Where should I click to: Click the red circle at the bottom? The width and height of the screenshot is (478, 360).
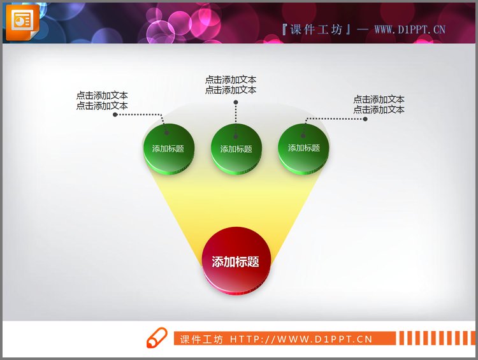pyautogui.click(x=236, y=261)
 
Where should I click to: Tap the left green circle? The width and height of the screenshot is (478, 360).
pyautogui.click(x=168, y=148)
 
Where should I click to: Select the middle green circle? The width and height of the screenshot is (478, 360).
pyautogui.click(x=236, y=148)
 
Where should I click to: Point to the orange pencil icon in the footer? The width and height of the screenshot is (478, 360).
pyautogui.click(x=156, y=338)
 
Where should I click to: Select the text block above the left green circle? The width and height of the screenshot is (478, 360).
pyautogui.click(x=102, y=101)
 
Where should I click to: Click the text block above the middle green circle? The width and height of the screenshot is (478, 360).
pyautogui.click(x=231, y=85)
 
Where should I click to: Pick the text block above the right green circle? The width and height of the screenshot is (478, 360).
pyautogui.click(x=379, y=104)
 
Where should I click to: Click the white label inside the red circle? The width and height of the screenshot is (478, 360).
pyautogui.click(x=235, y=261)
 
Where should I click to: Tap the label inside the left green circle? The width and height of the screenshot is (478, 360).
pyautogui.click(x=168, y=149)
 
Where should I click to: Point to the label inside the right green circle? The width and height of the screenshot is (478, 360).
pyautogui.click(x=304, y=148)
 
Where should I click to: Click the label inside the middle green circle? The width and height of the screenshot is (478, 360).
pyautogui.click(x=236, y=149)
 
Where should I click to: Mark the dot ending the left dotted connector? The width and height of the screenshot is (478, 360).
pyautogui.click(x=115, y=115)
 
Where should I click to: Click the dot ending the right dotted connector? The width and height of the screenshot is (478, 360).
pyautogui.click(x=365, y=119)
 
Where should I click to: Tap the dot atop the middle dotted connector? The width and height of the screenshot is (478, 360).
pyautogui.click(x=235, y=101)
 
